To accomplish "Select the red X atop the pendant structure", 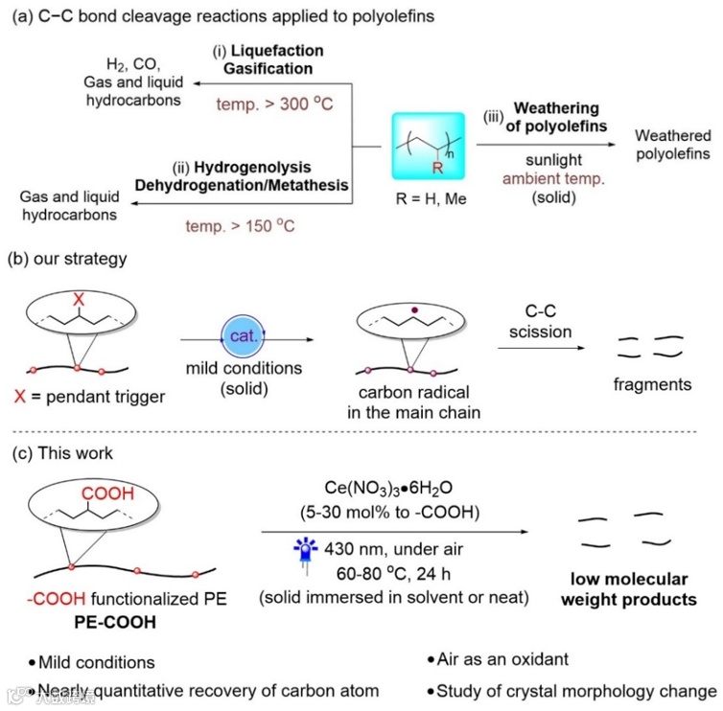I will point(79,299).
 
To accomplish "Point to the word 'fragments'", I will point(652,384).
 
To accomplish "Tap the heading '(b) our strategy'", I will point(66,258).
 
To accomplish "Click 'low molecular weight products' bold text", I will point(629,589).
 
